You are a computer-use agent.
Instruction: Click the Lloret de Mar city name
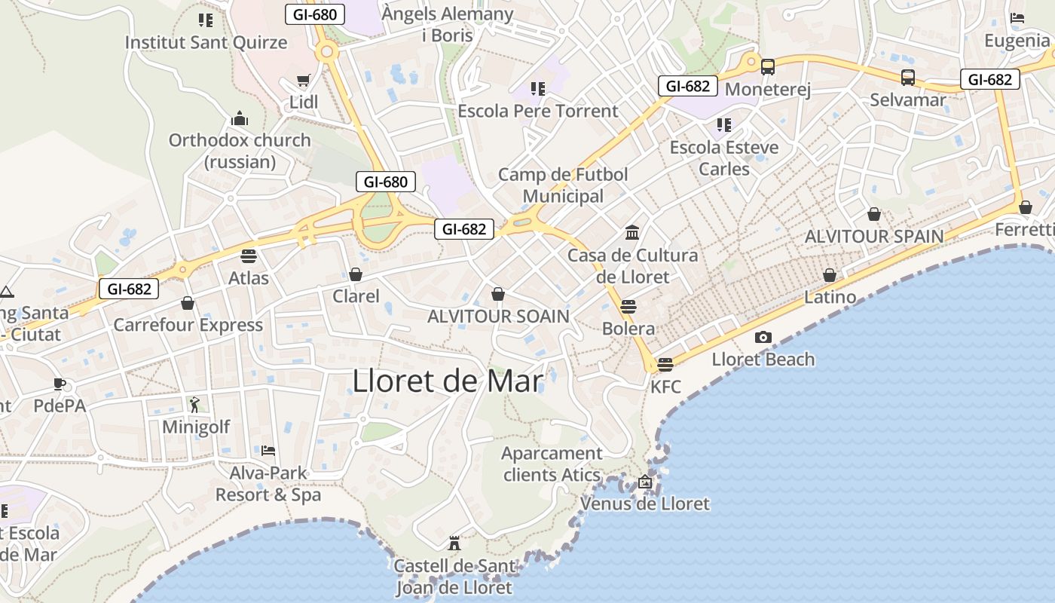point(448,381)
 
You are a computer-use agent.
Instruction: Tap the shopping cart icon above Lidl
point(304,80)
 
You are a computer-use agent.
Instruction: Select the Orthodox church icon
point(240,118)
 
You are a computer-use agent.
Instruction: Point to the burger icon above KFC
point(665,365)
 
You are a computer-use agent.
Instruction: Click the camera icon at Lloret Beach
point(763,337)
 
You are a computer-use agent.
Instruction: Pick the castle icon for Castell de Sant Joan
point(454,543)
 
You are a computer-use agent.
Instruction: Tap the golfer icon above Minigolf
point(195,405)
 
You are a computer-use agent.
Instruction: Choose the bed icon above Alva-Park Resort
point(268,451)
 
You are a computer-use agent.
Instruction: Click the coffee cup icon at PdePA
point(60,384)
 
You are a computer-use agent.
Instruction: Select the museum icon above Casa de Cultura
point(632,232)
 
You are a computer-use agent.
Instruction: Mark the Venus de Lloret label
point(645,504)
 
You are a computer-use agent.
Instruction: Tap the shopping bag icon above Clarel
point(356,274)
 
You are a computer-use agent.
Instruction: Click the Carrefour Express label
point(188,325)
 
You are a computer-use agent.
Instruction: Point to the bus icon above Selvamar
point(908,77)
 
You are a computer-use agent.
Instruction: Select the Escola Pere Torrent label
point(538,111)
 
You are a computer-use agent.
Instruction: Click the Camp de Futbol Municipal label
point(563,185)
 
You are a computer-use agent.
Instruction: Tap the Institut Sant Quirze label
point(206,42)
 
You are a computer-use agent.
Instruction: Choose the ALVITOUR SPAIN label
point(874,236)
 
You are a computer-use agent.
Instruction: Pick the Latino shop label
point(830,297)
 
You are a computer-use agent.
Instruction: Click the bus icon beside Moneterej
point(768,67)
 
